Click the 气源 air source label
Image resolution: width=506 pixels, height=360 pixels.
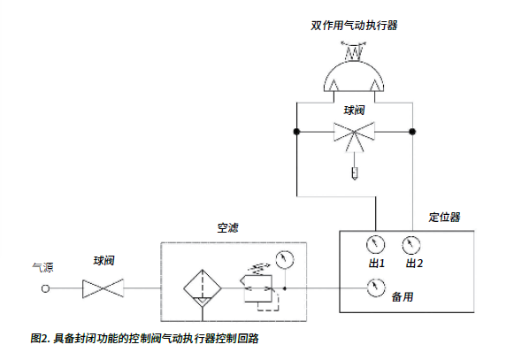click(x=42, y=267)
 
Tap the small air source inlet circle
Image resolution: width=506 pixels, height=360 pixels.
click(x=45, y=288)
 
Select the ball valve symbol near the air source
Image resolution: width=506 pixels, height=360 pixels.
click(x=103, y=288)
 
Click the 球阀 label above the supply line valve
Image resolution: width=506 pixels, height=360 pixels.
click(x=103, y=260)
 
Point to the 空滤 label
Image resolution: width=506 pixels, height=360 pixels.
click(x=228, y=228)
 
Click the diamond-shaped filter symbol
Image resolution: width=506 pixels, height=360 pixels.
click(x=203, y=288)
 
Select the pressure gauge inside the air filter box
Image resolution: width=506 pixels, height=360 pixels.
click(x=285, y=260)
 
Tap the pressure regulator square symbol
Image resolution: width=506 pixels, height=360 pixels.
click(x=258, y=288)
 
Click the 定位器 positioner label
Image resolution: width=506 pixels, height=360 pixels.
click(x=444, y=217)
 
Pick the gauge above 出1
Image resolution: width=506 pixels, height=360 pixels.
click(x=375, y=244)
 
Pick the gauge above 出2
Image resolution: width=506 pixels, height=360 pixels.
click(x=411, y=245)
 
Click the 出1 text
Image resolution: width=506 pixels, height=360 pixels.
click(x=377, y=264)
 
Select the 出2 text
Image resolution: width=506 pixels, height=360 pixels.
click(x=414, y=264)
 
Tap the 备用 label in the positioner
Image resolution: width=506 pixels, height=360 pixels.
click(x=402, y=297)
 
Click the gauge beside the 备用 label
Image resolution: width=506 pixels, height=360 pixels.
click(x=376, y=287)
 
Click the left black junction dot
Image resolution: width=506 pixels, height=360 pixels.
click(x=296, y=132)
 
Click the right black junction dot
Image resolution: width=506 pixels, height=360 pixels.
click(x=412, y=132)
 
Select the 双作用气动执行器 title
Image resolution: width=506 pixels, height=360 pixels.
click(x=354, y=26)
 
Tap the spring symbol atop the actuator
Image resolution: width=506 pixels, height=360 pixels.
click(x=354, y=51)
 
